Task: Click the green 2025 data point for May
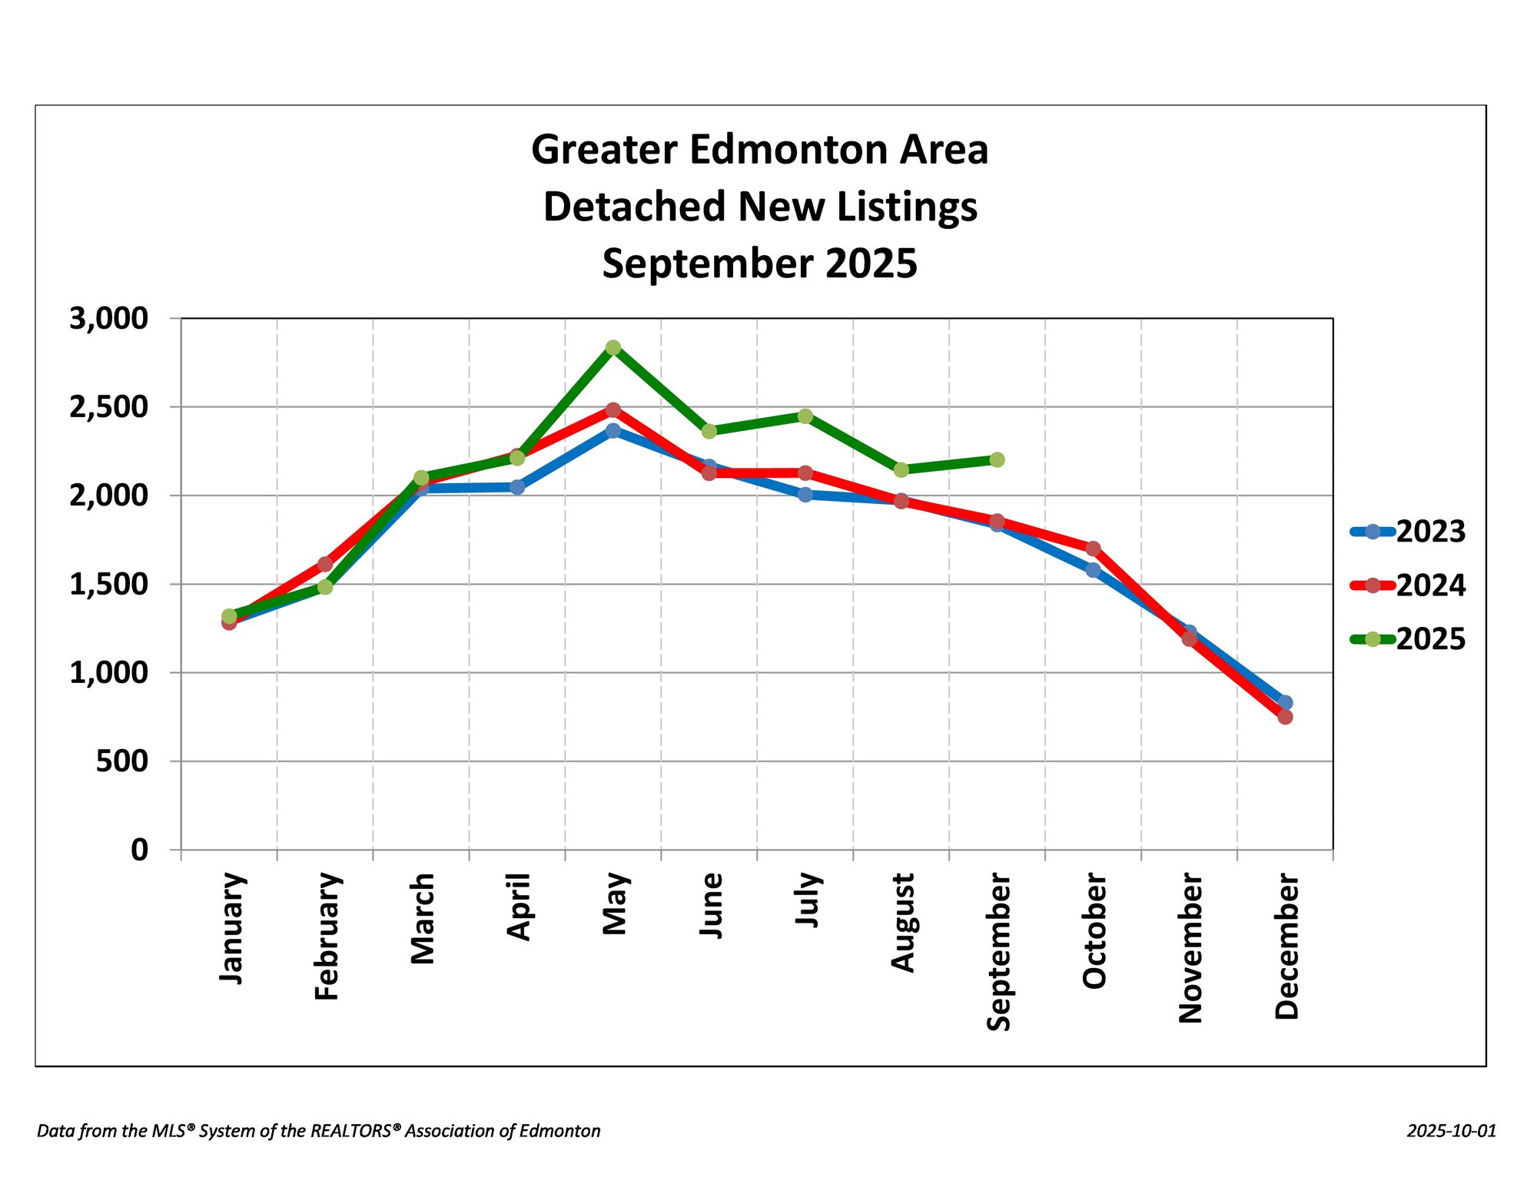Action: pos(612,348)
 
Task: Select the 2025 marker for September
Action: pos(997,459)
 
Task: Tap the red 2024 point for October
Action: pos(1093,549)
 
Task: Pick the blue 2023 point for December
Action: pos(1285,702)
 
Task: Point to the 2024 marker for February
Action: pos(325,565)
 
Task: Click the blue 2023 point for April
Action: pos(517,487)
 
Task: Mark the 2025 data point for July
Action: pos(805,416)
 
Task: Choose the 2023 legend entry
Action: pos(1408,532)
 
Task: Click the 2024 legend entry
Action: pos(1408,585)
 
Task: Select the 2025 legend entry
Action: pos(1408,639)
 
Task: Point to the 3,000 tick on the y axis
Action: pos(108,318)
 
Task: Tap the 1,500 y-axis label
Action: pos(108,585)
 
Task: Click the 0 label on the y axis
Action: pos(139,850)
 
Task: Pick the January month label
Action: pos(231,927)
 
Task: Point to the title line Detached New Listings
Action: pos(760,207)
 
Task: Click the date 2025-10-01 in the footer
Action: pos(1452,1131)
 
